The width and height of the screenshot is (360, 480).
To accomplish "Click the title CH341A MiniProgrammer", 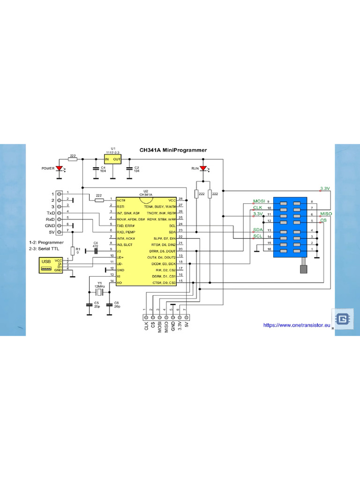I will pyautogui.click(x=173, y=150).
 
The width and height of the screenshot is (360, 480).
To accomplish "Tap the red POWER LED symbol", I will pyautogui.click(x=60, y=168).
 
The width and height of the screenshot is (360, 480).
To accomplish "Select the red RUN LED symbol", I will pyautogui.click(x=203, y=168).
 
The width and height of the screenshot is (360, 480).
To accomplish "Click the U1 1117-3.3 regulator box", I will pyautogui.click(x=113, y=159).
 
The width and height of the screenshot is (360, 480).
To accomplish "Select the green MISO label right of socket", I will pyautogui.click(x=326, y=214).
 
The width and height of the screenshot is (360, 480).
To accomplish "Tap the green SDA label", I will pyautogui.click(x=258, y=230).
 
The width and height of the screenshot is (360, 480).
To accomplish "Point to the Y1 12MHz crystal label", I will pyautogui.click(x=99, y=285).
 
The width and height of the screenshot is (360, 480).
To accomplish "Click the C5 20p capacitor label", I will pyautogui.click(x=96, y=305).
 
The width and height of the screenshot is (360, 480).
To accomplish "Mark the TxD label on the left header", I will pyautogui.click(x=50, y=213).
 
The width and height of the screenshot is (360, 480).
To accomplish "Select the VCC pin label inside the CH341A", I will pyautogui.click(x=172, y=200).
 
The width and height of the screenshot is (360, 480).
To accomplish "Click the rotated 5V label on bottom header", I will pyautogui.click(x=186, y=324).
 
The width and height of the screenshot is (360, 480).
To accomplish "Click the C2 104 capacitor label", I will pyautogui.click(x=137, y=169).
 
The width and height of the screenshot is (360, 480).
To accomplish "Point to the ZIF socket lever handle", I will pyautogui.click(x=303, y=269).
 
